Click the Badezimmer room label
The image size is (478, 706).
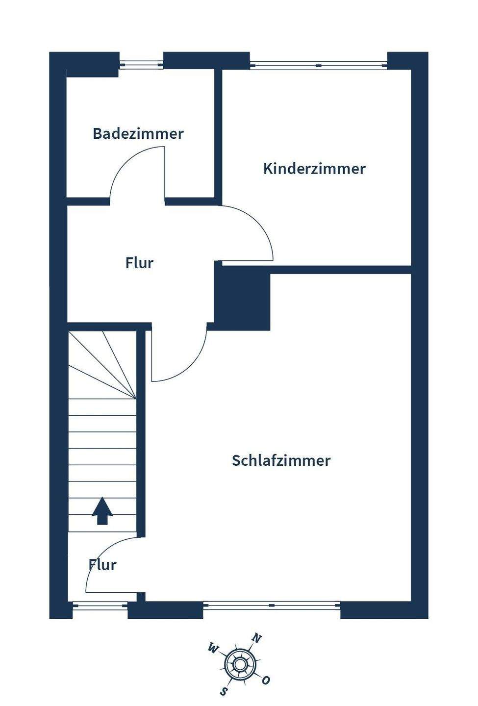138,133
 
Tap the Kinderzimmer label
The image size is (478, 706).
314,169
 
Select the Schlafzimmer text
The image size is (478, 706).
281,460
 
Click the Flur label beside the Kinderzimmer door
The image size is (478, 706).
139,263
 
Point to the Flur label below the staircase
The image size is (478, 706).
102,564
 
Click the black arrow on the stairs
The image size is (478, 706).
102,511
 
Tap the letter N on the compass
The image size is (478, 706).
256,638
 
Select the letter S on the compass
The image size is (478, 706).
224,691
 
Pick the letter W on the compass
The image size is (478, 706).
213,649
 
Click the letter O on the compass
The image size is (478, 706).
266,680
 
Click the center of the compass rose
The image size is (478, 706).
240,665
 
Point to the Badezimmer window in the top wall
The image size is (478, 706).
141,64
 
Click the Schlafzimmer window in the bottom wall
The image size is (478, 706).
272,605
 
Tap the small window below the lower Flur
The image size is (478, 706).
101,606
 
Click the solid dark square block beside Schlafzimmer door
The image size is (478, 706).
243,299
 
